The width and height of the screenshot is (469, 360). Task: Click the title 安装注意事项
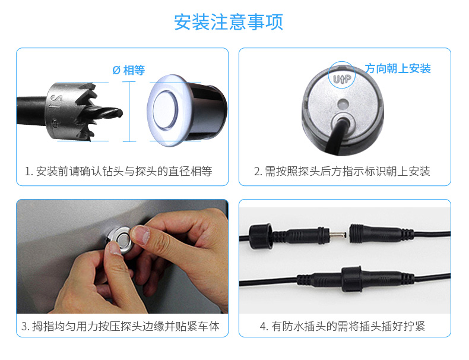click(229, 22)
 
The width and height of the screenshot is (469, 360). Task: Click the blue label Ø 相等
click(129, 70)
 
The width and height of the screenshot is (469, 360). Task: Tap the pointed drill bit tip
click(121, 112)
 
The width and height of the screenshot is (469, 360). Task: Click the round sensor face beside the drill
click(165, 110)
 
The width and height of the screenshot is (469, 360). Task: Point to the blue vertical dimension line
click(129, 112)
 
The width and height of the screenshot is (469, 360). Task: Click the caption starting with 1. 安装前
click(119, 172)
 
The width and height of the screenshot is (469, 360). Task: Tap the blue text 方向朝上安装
click(398, 68)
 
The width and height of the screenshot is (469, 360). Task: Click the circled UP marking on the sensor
click(342, 74)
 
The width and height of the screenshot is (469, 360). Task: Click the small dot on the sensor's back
click(343, 104)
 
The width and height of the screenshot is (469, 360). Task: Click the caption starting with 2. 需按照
click(342, 172)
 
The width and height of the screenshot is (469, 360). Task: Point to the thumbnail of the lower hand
click(114, 248)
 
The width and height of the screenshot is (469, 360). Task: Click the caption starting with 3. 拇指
click(121, 326)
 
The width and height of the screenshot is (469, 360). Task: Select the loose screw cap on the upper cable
click(261, 236)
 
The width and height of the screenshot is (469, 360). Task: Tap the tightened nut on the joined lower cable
click(352, 279)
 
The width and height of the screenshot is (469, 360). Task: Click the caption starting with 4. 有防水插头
click(342, 326)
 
